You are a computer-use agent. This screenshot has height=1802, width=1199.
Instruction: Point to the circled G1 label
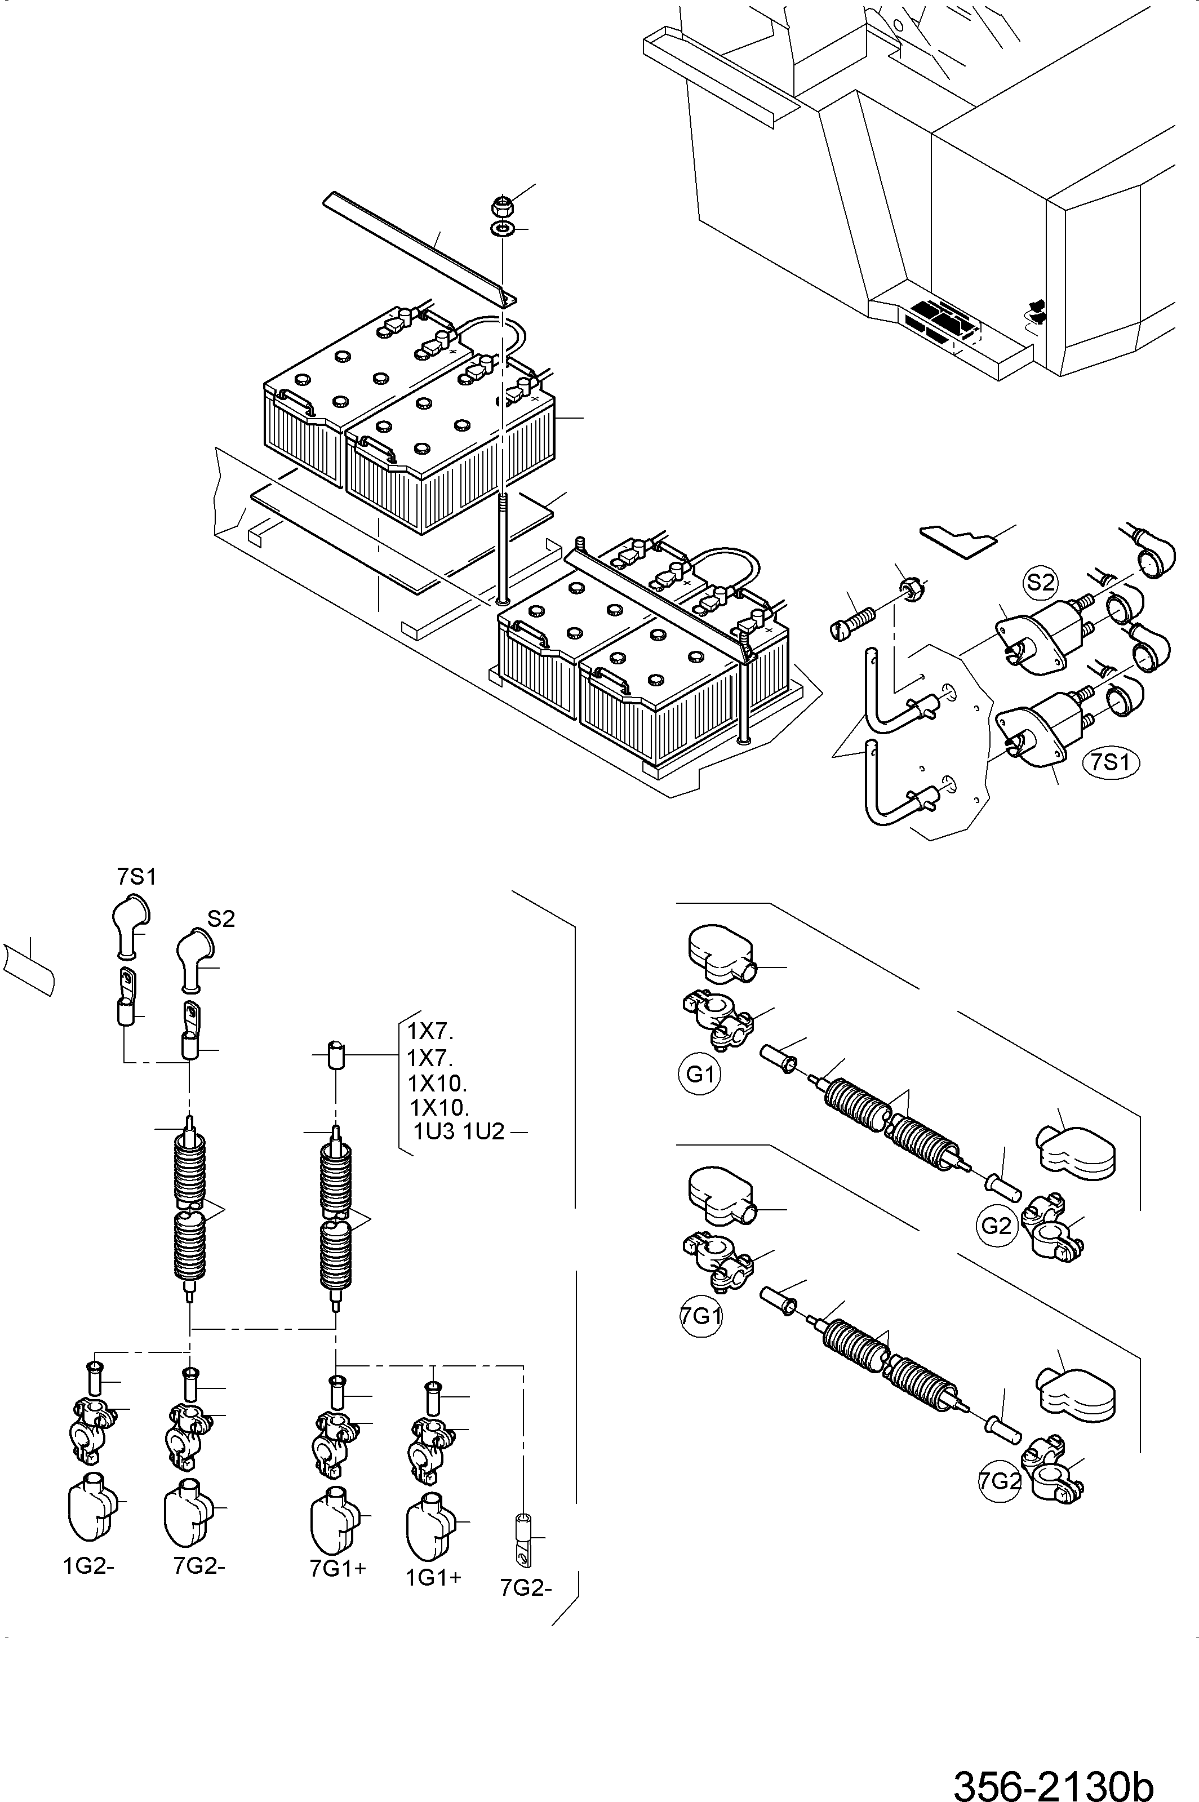tap(700, 1074)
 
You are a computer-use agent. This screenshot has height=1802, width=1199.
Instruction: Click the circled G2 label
tap(996, 1226)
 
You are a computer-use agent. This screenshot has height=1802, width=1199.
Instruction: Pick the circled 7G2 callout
tap(1000, 1481)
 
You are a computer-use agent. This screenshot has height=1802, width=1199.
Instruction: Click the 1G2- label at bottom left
tap(88, 1566)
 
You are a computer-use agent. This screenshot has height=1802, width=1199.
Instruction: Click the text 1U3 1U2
tap(459, 1131)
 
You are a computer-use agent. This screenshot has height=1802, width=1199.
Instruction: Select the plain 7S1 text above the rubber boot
tap(137, 877)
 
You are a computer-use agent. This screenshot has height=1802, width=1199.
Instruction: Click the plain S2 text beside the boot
tap(221, 919)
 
